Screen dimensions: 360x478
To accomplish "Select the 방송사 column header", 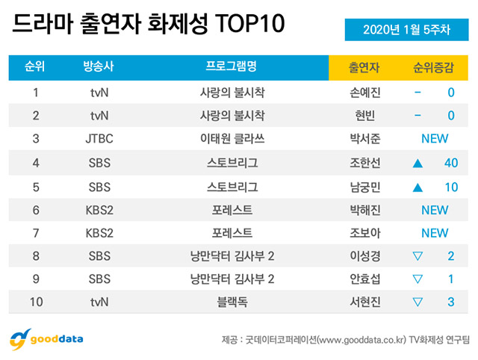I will tap(99, 68).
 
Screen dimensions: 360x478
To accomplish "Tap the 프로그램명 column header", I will tap(231, 68).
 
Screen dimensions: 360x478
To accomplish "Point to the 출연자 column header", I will tap(364, 68).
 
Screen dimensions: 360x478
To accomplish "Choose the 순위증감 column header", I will tap(434, 68).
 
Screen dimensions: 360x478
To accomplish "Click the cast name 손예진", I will tap(364, 93).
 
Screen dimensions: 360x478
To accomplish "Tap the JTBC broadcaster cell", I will tap(99, 139).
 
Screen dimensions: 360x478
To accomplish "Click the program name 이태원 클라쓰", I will tap(231, 139).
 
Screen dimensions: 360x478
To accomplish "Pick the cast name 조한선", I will tap(364, 163).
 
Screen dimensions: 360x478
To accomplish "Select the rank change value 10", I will tap(450, 186).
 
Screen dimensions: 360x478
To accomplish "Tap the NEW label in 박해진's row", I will tap(434, 210).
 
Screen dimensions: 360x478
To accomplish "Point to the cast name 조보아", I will tap(364, 233).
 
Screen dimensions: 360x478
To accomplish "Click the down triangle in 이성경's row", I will tap(418, 257).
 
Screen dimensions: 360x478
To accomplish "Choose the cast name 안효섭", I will tap(364, 280).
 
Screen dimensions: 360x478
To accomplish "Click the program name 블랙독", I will tap(231, 303).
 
